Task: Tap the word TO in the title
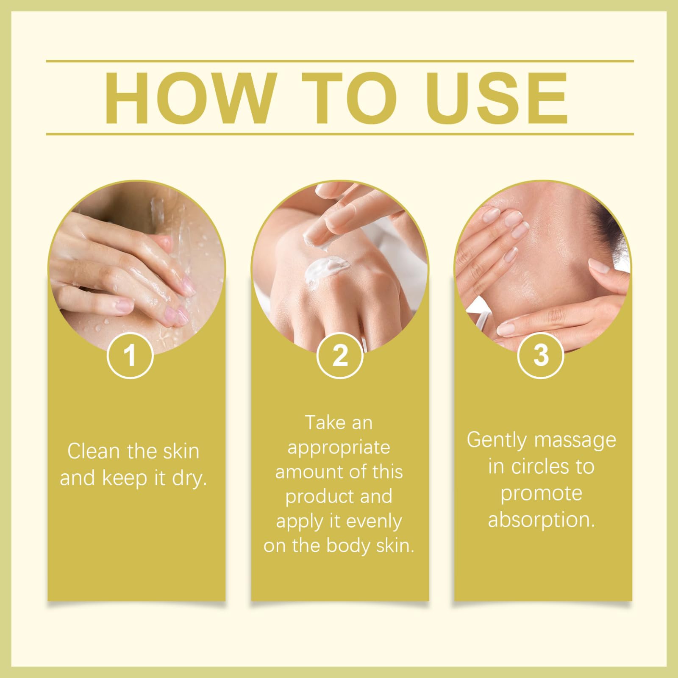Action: click(342, 98)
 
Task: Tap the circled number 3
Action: click(541, 355)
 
